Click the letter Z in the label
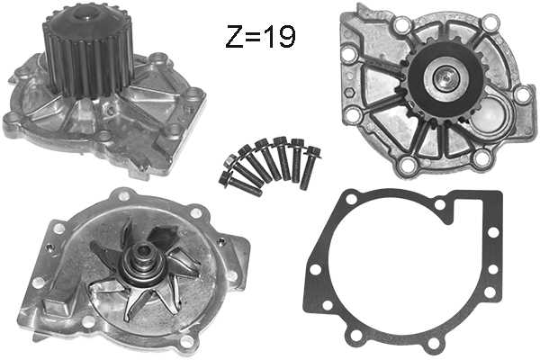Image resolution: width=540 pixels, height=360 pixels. (233, 37)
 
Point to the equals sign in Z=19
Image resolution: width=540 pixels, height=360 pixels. (253, 38)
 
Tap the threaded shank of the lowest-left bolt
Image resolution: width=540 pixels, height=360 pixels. (246, 186)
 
